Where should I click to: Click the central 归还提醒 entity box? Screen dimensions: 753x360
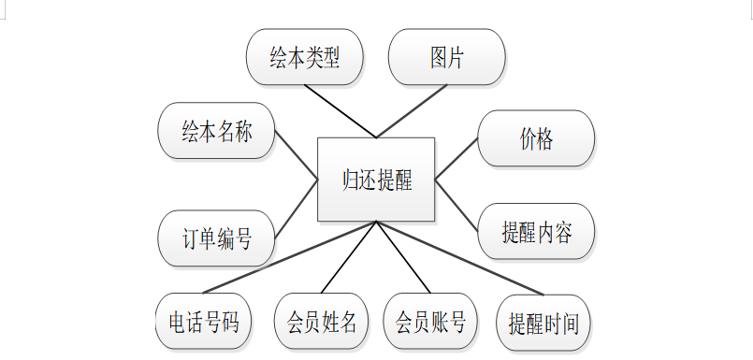pos(376,180)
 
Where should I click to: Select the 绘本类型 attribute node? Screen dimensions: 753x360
pos(305,57)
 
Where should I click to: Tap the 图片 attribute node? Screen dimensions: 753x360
pos(446,57)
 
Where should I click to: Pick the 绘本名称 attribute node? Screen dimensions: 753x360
pos(217,131)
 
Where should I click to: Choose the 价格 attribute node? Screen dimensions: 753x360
pos(536,138)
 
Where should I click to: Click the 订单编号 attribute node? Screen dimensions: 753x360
pos(217,238)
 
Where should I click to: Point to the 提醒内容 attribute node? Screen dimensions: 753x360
pos(536,231)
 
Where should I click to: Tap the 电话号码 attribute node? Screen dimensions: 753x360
pos(204,321)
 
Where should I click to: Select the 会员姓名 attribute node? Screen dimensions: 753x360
pos(321,321)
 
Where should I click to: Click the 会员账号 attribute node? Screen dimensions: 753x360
pos(430,321)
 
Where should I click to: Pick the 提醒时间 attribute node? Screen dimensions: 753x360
pos(543,323)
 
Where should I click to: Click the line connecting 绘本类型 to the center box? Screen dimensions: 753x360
pos(340,111)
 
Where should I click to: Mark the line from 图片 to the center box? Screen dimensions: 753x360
pos(412,111)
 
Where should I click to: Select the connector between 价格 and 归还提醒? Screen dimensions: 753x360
pos(456,159)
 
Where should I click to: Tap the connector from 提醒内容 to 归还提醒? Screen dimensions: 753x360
pos(456,206)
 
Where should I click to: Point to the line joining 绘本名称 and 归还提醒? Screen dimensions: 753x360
pos(297,155)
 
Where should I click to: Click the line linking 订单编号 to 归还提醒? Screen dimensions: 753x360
pos(297,209)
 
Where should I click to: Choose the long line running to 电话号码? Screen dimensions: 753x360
pos(290,257)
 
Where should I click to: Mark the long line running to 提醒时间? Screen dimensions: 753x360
pos(460,258)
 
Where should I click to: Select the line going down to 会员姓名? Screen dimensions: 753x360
pos(349,257)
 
